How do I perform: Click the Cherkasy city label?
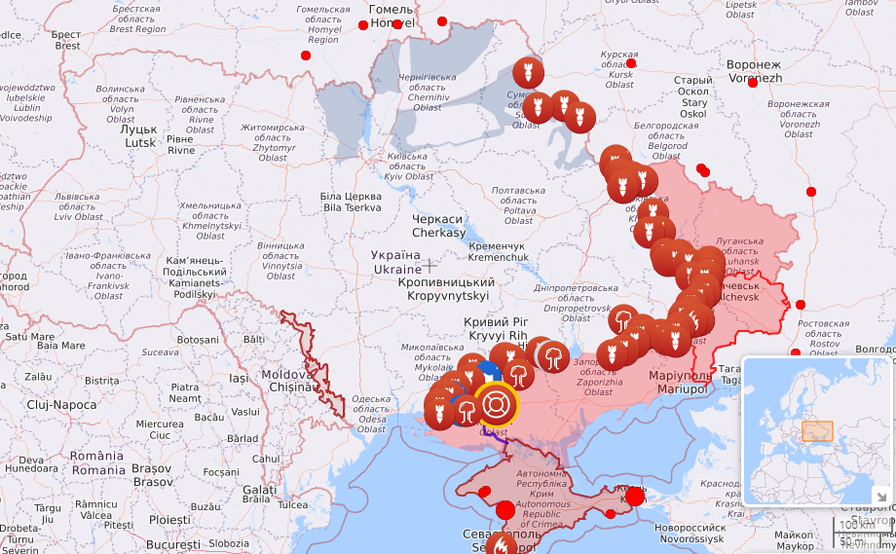(x=438, y=226)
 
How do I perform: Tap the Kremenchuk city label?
(x=498, y=252)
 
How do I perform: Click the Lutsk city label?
(x=139, y=135)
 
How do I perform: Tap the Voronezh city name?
(x=754, y=71)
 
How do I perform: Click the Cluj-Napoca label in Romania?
(x=59, y=404)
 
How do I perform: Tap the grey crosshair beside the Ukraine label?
(x=429, y=265)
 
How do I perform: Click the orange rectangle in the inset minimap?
(x=817, y=431)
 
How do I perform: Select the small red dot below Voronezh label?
(x=753, y=83)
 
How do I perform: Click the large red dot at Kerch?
(x=634, y=497)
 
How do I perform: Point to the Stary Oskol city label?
(x=693, y=96)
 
